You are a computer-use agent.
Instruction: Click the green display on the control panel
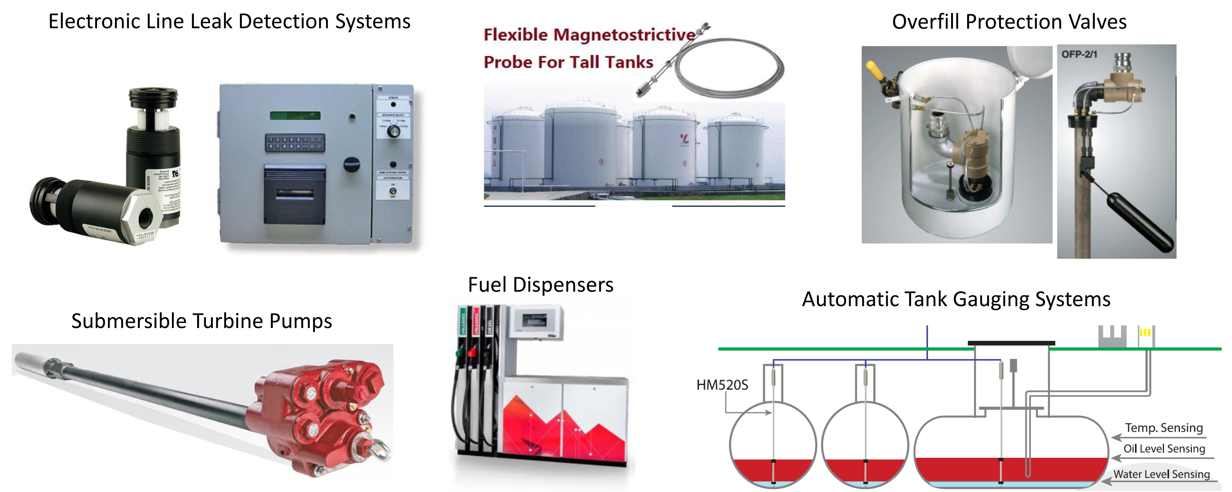[295, 115]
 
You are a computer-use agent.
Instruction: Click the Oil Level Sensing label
[1164, 449]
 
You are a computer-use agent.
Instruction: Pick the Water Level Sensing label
[1161, 474]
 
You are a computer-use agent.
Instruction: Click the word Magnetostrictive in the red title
[624, 35]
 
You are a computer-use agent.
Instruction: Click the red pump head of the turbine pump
[320, 412]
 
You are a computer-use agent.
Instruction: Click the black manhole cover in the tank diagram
[1011, 343]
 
